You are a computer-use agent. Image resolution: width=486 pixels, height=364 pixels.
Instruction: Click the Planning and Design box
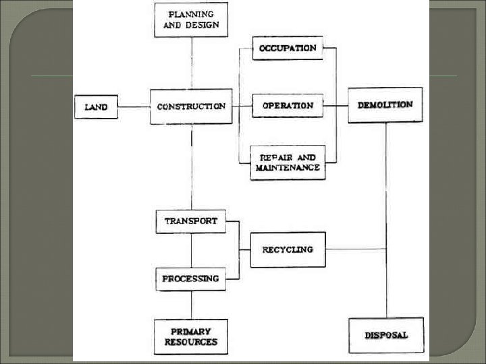click(191, 20)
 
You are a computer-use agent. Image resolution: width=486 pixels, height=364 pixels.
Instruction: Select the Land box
click(95, 107)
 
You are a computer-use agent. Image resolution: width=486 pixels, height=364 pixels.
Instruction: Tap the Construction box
click(191, 107)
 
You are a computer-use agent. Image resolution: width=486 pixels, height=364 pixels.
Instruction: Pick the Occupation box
click(288, 48)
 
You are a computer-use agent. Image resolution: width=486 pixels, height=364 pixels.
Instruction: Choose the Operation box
click(288, 106)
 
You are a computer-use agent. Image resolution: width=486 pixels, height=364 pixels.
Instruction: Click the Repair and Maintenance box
click(288, 162)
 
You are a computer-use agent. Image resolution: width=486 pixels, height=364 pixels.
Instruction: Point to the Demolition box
click(385, 105)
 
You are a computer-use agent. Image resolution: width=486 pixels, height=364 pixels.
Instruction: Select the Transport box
click(191, 221)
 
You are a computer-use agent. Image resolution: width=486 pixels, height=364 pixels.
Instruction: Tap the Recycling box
click(288, 249)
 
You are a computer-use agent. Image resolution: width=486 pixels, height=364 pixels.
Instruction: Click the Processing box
click(191, 278)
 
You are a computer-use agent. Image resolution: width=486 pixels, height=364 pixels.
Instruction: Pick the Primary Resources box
click(191, 336)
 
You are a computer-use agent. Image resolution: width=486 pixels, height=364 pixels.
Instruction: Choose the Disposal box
click(386, 335)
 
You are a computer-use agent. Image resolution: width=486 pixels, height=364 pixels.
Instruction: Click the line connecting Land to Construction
click(134, 107)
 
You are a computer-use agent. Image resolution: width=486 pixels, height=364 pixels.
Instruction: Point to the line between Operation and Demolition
click(336, 106)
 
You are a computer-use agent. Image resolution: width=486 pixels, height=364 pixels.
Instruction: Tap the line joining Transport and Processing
click(192, 250)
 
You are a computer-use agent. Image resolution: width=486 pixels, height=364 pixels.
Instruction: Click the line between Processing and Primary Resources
click(192, 305)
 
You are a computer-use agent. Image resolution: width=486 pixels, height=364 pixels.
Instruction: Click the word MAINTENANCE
click(288, 168)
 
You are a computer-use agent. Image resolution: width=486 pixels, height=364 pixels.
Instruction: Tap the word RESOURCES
click(191, 342)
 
